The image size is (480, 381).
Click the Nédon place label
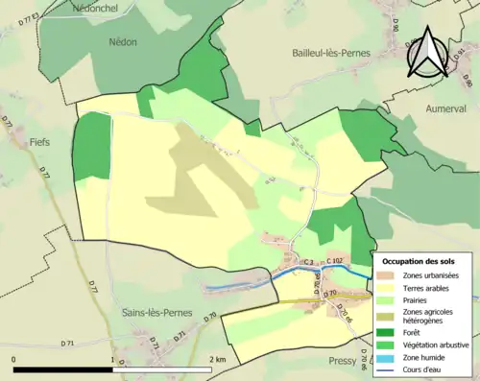(x=124, y=42)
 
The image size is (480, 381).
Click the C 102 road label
(x=335, y=262)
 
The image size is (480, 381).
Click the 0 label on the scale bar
(x=14, y=360)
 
